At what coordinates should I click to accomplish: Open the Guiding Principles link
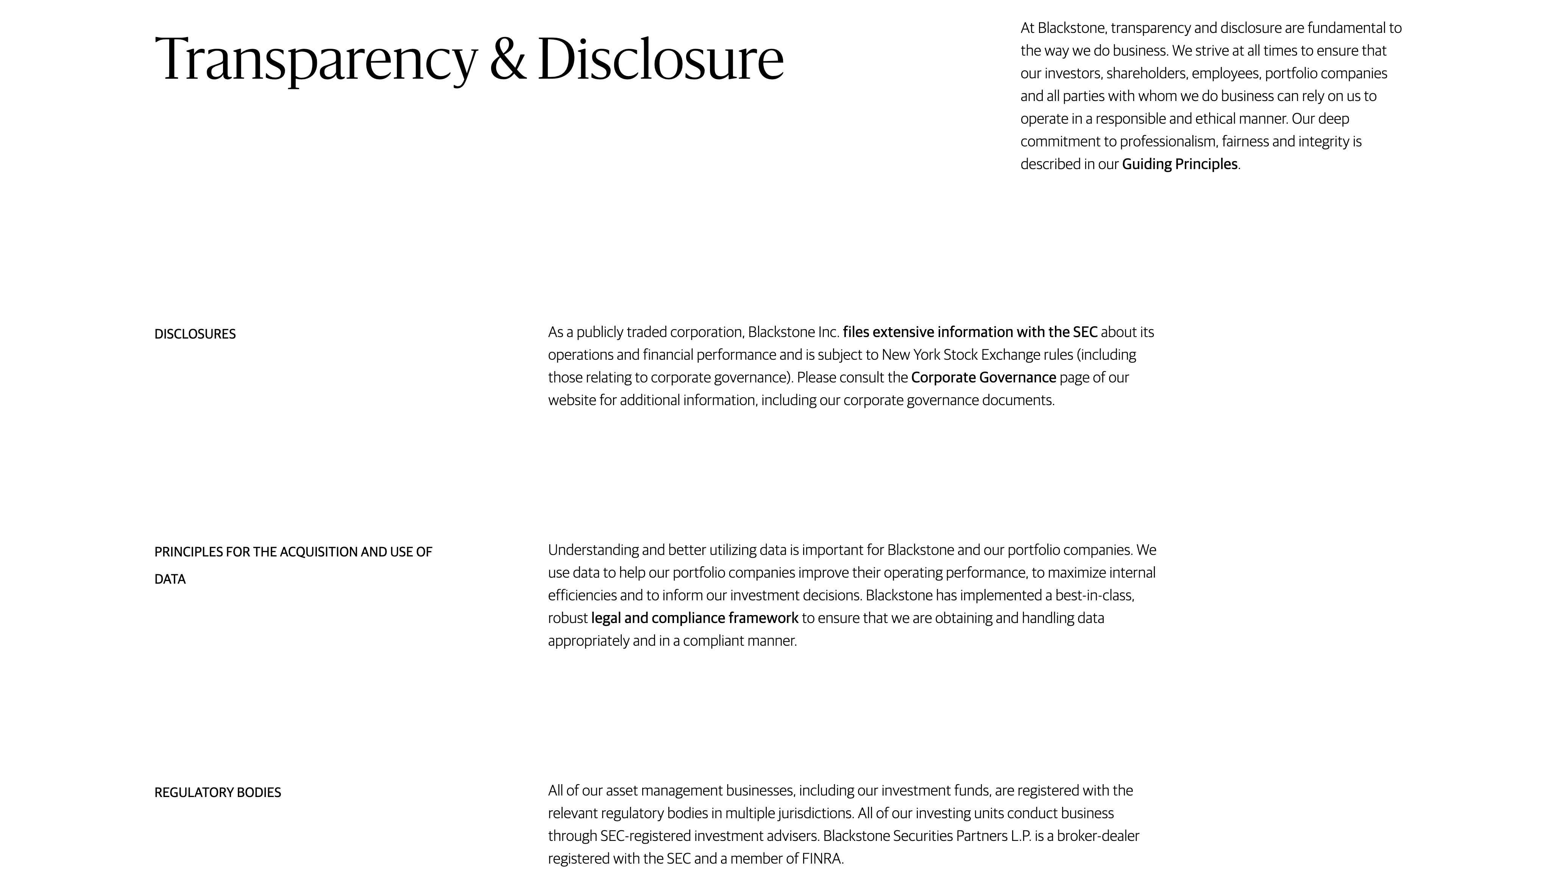(x=1179, y=164)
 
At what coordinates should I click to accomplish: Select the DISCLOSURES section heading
(x=195, y=334)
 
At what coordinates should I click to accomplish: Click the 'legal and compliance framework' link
(x=694, y=618)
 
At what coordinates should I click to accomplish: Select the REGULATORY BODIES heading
(x=218, y=792)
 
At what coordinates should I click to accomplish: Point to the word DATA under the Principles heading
(x=170, y=579)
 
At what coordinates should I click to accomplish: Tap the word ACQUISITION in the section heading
(x=319, y=552)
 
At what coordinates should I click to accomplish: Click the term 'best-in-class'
(x=1094, y=595)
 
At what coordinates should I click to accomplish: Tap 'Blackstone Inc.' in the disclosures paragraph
(x=794, y=332)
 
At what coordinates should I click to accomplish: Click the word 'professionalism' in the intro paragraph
(x=1168, y=141)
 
